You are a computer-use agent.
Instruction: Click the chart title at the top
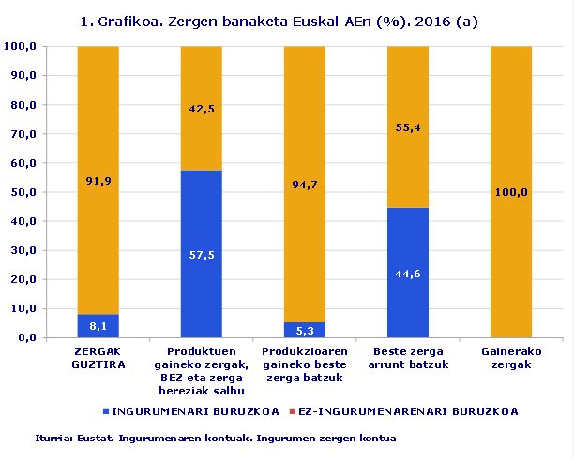286,22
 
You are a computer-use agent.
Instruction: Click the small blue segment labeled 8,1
98,326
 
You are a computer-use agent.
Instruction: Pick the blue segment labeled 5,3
304,330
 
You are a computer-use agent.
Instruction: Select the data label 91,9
98,182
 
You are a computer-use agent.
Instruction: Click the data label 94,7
305,185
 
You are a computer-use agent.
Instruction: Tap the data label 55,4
407,127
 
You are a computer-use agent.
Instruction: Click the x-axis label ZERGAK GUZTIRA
98,358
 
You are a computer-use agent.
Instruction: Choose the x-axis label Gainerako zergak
511,358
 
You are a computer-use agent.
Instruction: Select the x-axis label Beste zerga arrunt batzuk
407,358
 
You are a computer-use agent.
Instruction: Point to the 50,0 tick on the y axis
21,192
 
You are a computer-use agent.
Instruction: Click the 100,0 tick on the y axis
21,46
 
